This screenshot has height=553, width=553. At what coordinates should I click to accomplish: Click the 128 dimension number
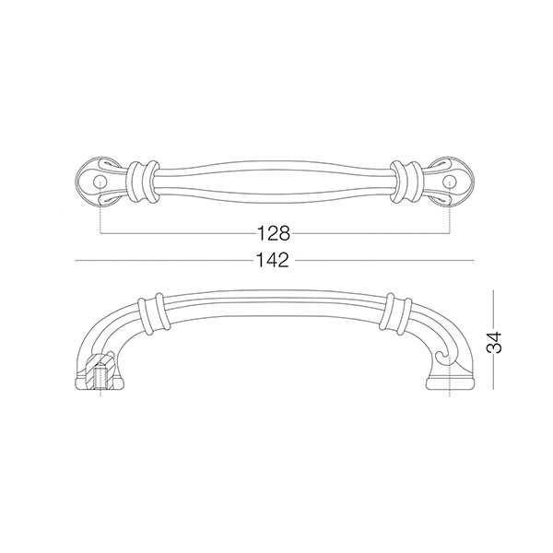tap(274, 233)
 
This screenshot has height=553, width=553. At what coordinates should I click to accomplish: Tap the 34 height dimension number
tap(494, 343)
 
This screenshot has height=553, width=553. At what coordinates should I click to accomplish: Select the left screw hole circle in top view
tap(100, 182)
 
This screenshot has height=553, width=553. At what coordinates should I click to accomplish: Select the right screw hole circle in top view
tap(450, 182)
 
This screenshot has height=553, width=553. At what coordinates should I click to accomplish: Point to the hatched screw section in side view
tap(100, 373)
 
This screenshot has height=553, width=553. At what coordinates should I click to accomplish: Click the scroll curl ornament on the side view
tap(443, 357)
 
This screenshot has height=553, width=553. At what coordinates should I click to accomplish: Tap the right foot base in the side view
tap(450, 383)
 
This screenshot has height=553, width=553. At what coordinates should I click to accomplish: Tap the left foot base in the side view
tap(100, 383)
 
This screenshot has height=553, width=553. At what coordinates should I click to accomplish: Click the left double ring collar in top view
tap(143, 182)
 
